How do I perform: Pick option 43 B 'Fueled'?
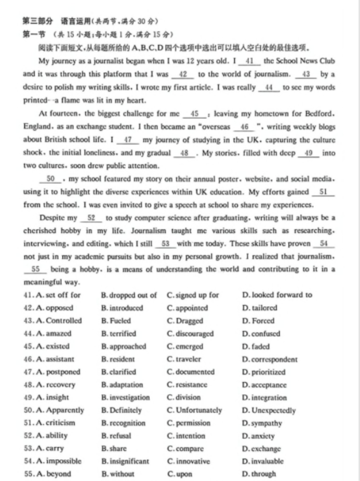(x=116, y=321)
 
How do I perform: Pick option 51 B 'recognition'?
(x=124, y=423)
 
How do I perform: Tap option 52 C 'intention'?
(x=186, y=436)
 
